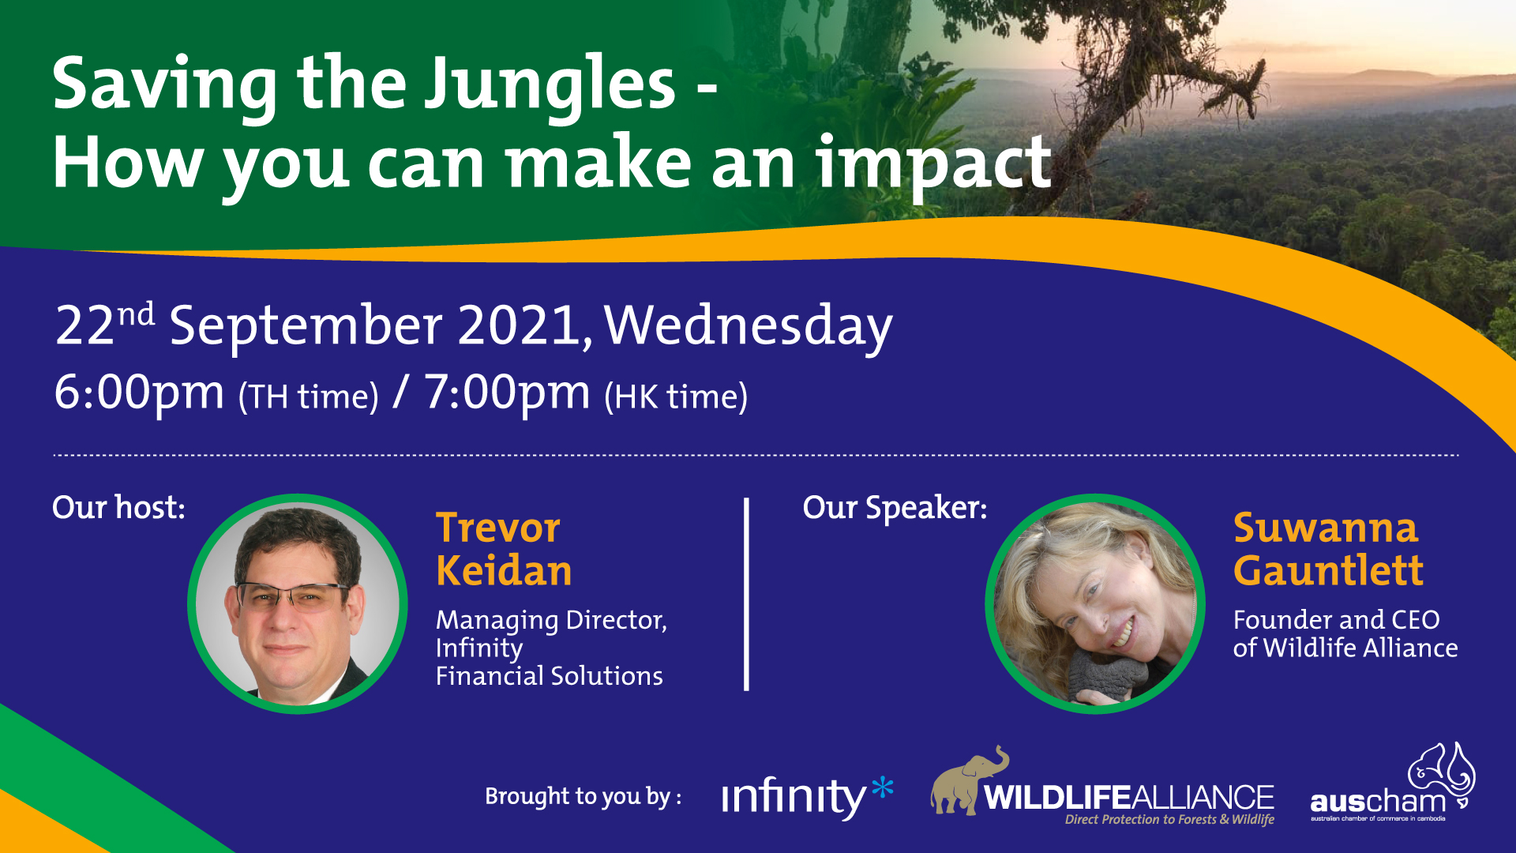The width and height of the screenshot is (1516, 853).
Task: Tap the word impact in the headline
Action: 933,164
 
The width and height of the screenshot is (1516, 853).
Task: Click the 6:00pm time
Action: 139,393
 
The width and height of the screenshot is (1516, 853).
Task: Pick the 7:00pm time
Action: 507,393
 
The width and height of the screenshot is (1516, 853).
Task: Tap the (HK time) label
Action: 676,396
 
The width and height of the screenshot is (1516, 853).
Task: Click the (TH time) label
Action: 309,396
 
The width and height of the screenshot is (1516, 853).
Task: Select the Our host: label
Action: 118,507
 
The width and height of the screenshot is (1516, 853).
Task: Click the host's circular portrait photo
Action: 298,604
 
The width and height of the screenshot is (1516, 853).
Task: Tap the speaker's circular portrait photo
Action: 1095,604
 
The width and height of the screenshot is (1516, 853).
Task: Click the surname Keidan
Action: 504,570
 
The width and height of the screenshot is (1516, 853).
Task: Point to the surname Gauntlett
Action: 1328,570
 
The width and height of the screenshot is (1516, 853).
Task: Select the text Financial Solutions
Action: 549,676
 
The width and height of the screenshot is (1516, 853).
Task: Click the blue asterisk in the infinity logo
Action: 882,787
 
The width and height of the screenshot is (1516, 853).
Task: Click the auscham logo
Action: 1393,783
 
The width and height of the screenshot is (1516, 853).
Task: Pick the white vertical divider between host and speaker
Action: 746,594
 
